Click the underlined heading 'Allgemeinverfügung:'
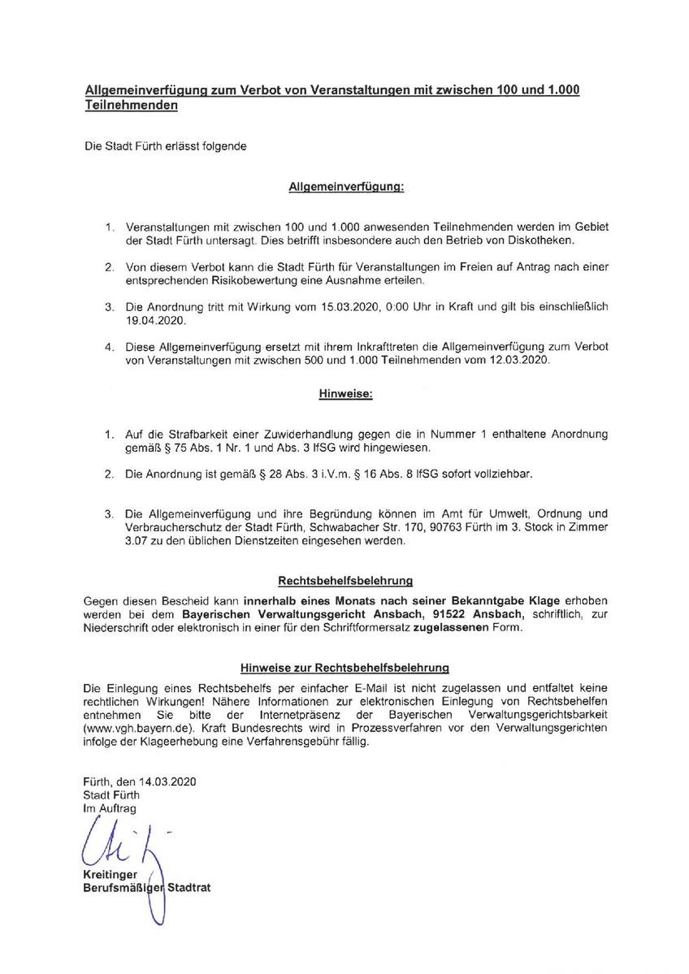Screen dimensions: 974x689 coord(346,187)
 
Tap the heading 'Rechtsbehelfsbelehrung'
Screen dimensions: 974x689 coord(345,581)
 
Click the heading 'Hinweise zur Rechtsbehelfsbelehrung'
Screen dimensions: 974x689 coord(344,668)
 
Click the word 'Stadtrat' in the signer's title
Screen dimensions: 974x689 coord(188,888)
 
